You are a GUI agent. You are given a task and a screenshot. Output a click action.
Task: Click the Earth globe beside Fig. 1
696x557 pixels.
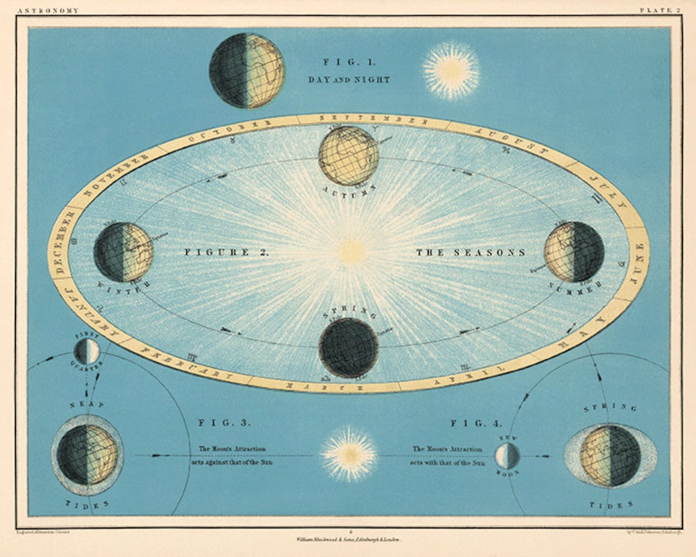coord(247,70)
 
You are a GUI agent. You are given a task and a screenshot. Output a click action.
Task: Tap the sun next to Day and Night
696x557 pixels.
coord(450,71)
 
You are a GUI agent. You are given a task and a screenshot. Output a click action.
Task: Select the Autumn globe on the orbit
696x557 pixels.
coord(349,156)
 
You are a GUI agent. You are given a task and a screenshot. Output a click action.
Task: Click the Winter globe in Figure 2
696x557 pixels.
coord(123,252)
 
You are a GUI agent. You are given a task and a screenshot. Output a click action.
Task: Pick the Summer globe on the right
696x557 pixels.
coord(574,251)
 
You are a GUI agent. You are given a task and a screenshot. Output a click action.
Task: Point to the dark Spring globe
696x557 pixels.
coord(349,347)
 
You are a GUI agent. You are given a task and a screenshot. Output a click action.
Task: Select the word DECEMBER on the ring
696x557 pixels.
coord(61,249)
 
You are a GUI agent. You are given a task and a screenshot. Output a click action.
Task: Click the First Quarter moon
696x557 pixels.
coord(86,351)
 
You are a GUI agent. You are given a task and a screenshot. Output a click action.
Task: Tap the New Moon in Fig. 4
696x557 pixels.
coord(507,456)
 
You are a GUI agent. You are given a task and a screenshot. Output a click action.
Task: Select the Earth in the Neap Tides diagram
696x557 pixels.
coord(87,454)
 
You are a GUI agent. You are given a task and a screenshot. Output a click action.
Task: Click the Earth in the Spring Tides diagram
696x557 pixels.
coord(610,456)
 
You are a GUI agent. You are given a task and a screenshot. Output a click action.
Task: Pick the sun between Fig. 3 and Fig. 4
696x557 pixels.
coord(349,454)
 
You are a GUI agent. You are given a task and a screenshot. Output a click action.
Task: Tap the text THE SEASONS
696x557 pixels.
coord(470,253)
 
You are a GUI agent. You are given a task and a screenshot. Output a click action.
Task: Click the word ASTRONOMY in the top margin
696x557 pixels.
coord(49,10)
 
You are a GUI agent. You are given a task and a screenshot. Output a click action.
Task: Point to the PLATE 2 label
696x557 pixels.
coord(659,10)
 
